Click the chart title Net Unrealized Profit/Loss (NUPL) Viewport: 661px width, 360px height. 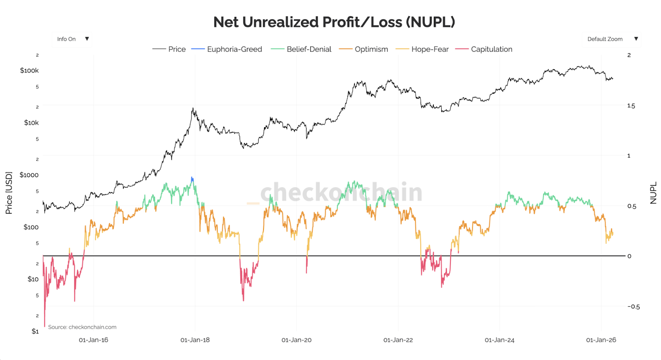(x=334, y=22)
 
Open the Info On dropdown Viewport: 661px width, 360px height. (x=73, y=39)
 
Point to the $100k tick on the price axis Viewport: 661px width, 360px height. (x=29, y=71)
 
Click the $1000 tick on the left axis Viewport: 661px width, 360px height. (x=29, y=175)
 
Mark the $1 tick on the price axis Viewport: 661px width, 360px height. (x=35, y=332)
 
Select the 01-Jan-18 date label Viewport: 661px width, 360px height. (x=195, y=340)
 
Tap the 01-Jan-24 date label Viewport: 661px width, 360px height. (x=499, y=340)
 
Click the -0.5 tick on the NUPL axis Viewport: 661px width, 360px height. (x=633, y=307)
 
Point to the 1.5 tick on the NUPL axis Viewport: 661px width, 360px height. (x=631, y=106)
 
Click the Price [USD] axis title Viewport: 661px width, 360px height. (x=9, y=193)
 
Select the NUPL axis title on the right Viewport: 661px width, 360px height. (x=653, y=193)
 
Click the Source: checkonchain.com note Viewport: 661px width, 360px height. (x=82, y=327)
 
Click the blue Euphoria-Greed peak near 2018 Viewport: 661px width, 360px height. (x=192, y=179)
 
